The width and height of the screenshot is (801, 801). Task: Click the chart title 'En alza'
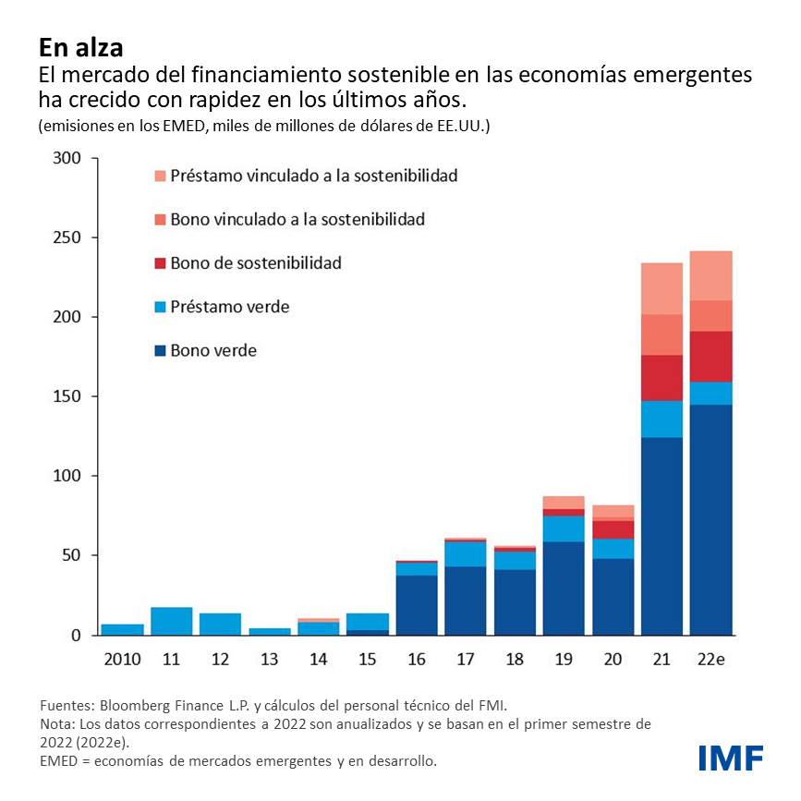[80, 45]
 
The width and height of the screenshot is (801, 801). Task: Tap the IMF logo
[731, 758]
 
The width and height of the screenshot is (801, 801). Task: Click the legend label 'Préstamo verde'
[229, 307]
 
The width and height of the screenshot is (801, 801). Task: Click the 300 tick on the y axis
[69, 158]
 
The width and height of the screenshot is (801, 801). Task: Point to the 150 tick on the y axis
[69, 396]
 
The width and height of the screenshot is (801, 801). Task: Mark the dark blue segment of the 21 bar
[661, 536]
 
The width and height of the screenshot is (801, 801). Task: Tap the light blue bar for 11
[171, 621]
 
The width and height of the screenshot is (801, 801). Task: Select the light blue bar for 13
[270, 631]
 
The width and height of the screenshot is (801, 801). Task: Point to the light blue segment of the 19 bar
[564, 528]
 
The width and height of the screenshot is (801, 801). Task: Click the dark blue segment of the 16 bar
[416, 605]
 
